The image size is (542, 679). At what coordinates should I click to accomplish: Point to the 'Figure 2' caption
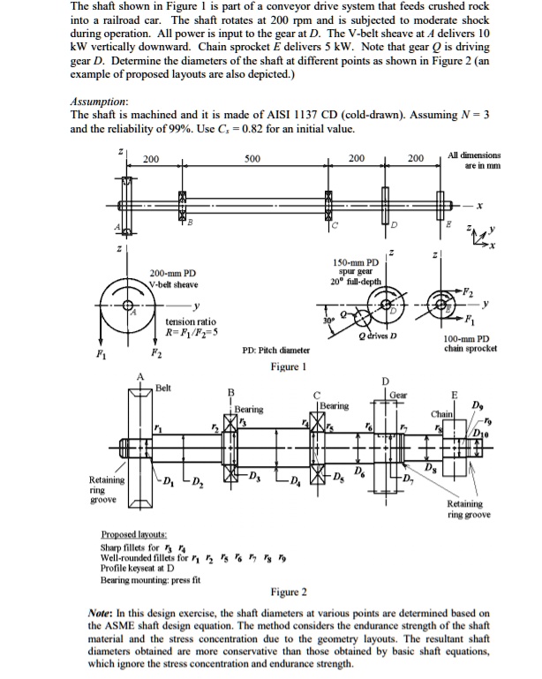pyautogui.click(x=288, y=591)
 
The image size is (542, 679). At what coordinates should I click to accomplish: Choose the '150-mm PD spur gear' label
pyautogui.click(x=356, y=268)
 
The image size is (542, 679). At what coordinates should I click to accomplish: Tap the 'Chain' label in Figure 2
pyautogui.click(x=442, y=412)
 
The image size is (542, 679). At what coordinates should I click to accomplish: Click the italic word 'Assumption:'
pyautogui.click(x=100, y=102)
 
